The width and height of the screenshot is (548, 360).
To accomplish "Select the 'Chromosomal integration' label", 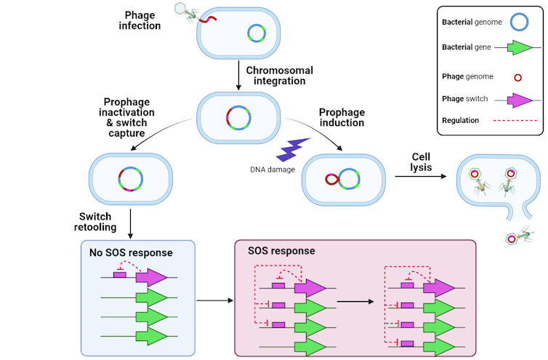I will [275, 75].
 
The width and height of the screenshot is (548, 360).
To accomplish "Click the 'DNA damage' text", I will [273, 169].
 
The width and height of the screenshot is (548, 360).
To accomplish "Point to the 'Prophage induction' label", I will [342, 118].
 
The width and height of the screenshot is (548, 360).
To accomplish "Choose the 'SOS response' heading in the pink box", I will [281, 251].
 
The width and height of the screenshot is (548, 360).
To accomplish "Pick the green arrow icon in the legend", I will [520, 48].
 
